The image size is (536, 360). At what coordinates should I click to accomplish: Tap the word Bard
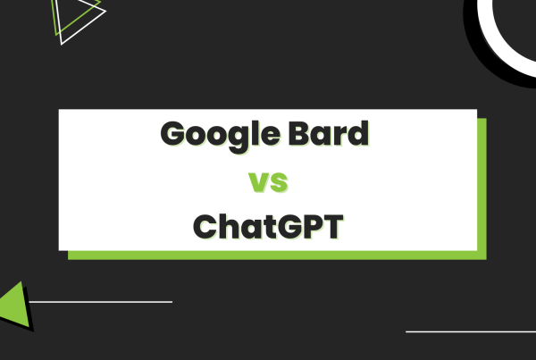(331, 136)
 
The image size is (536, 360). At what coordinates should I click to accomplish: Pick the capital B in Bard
(302, 136)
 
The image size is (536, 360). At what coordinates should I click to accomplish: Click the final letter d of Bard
(358, 136)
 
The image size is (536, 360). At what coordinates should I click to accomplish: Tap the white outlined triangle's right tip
(105, 13)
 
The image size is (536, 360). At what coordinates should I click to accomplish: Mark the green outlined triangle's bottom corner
(58, 42)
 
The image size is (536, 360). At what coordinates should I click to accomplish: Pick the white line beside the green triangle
(98, 302)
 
